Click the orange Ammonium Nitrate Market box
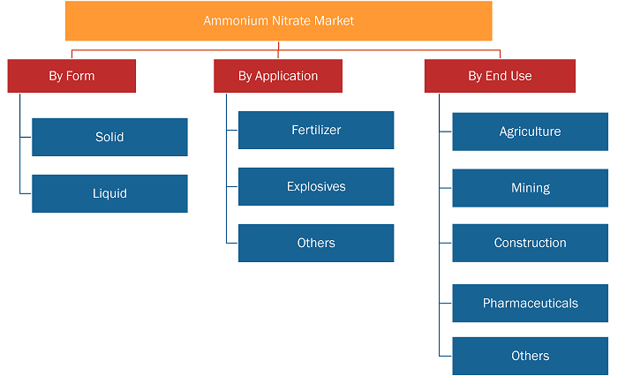[279, 21]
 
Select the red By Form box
[72, 76]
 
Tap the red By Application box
[278, 76]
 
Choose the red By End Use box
[500, 76]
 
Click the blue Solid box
[109, 137]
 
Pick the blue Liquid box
[109, 193]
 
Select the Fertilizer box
[316, 130]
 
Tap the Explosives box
[316, 186]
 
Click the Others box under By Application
[316, 244]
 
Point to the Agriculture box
[530, 132]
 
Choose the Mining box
[530, 188]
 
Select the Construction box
[530, 244]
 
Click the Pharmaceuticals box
[530, 303]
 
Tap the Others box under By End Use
[530, 356]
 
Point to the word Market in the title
[334, 20]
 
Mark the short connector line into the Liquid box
[26, 193]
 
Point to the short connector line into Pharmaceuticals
[446, 303]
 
